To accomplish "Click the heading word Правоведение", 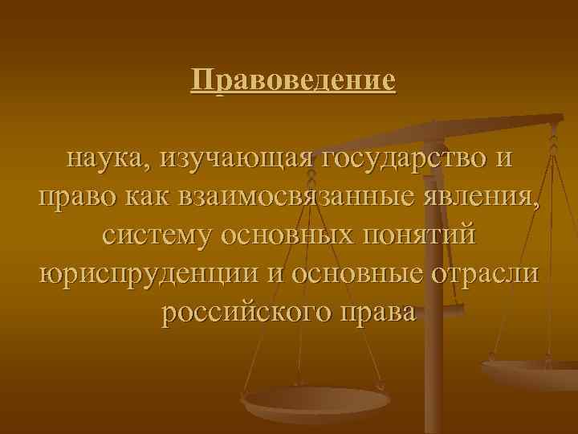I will pyautogui.click(x=294, y=80).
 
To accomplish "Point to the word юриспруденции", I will pyautogui.click(x=150, y=274).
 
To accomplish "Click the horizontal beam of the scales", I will pyautogui.click(x=498, y=122).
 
